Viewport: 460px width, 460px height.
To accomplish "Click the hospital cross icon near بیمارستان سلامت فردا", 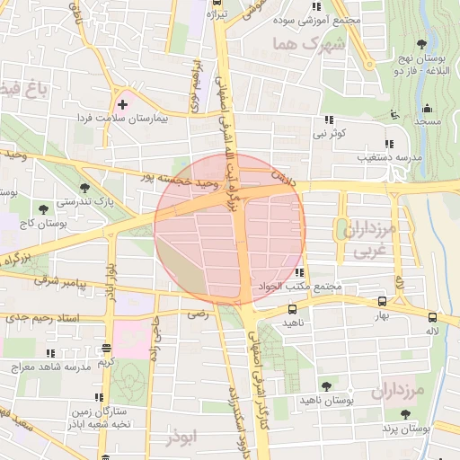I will (122, 105).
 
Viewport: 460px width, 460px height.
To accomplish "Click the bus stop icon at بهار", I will (382, 302).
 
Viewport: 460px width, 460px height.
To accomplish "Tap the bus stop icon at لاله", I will (432, 317).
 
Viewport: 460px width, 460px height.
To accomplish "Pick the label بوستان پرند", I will (405, 429).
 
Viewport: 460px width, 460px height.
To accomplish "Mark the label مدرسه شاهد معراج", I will (51, 367).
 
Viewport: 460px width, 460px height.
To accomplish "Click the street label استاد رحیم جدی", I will (42, 318).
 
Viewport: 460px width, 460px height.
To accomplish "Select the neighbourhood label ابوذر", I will (180, 438).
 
